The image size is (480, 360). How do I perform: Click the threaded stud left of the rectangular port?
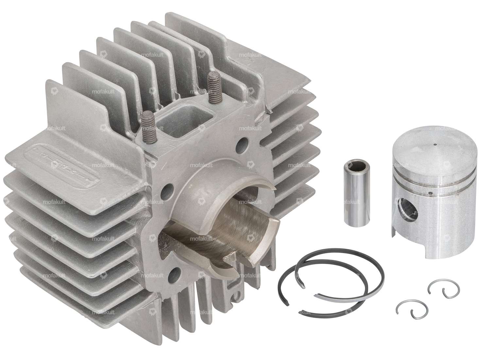(147, 123)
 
